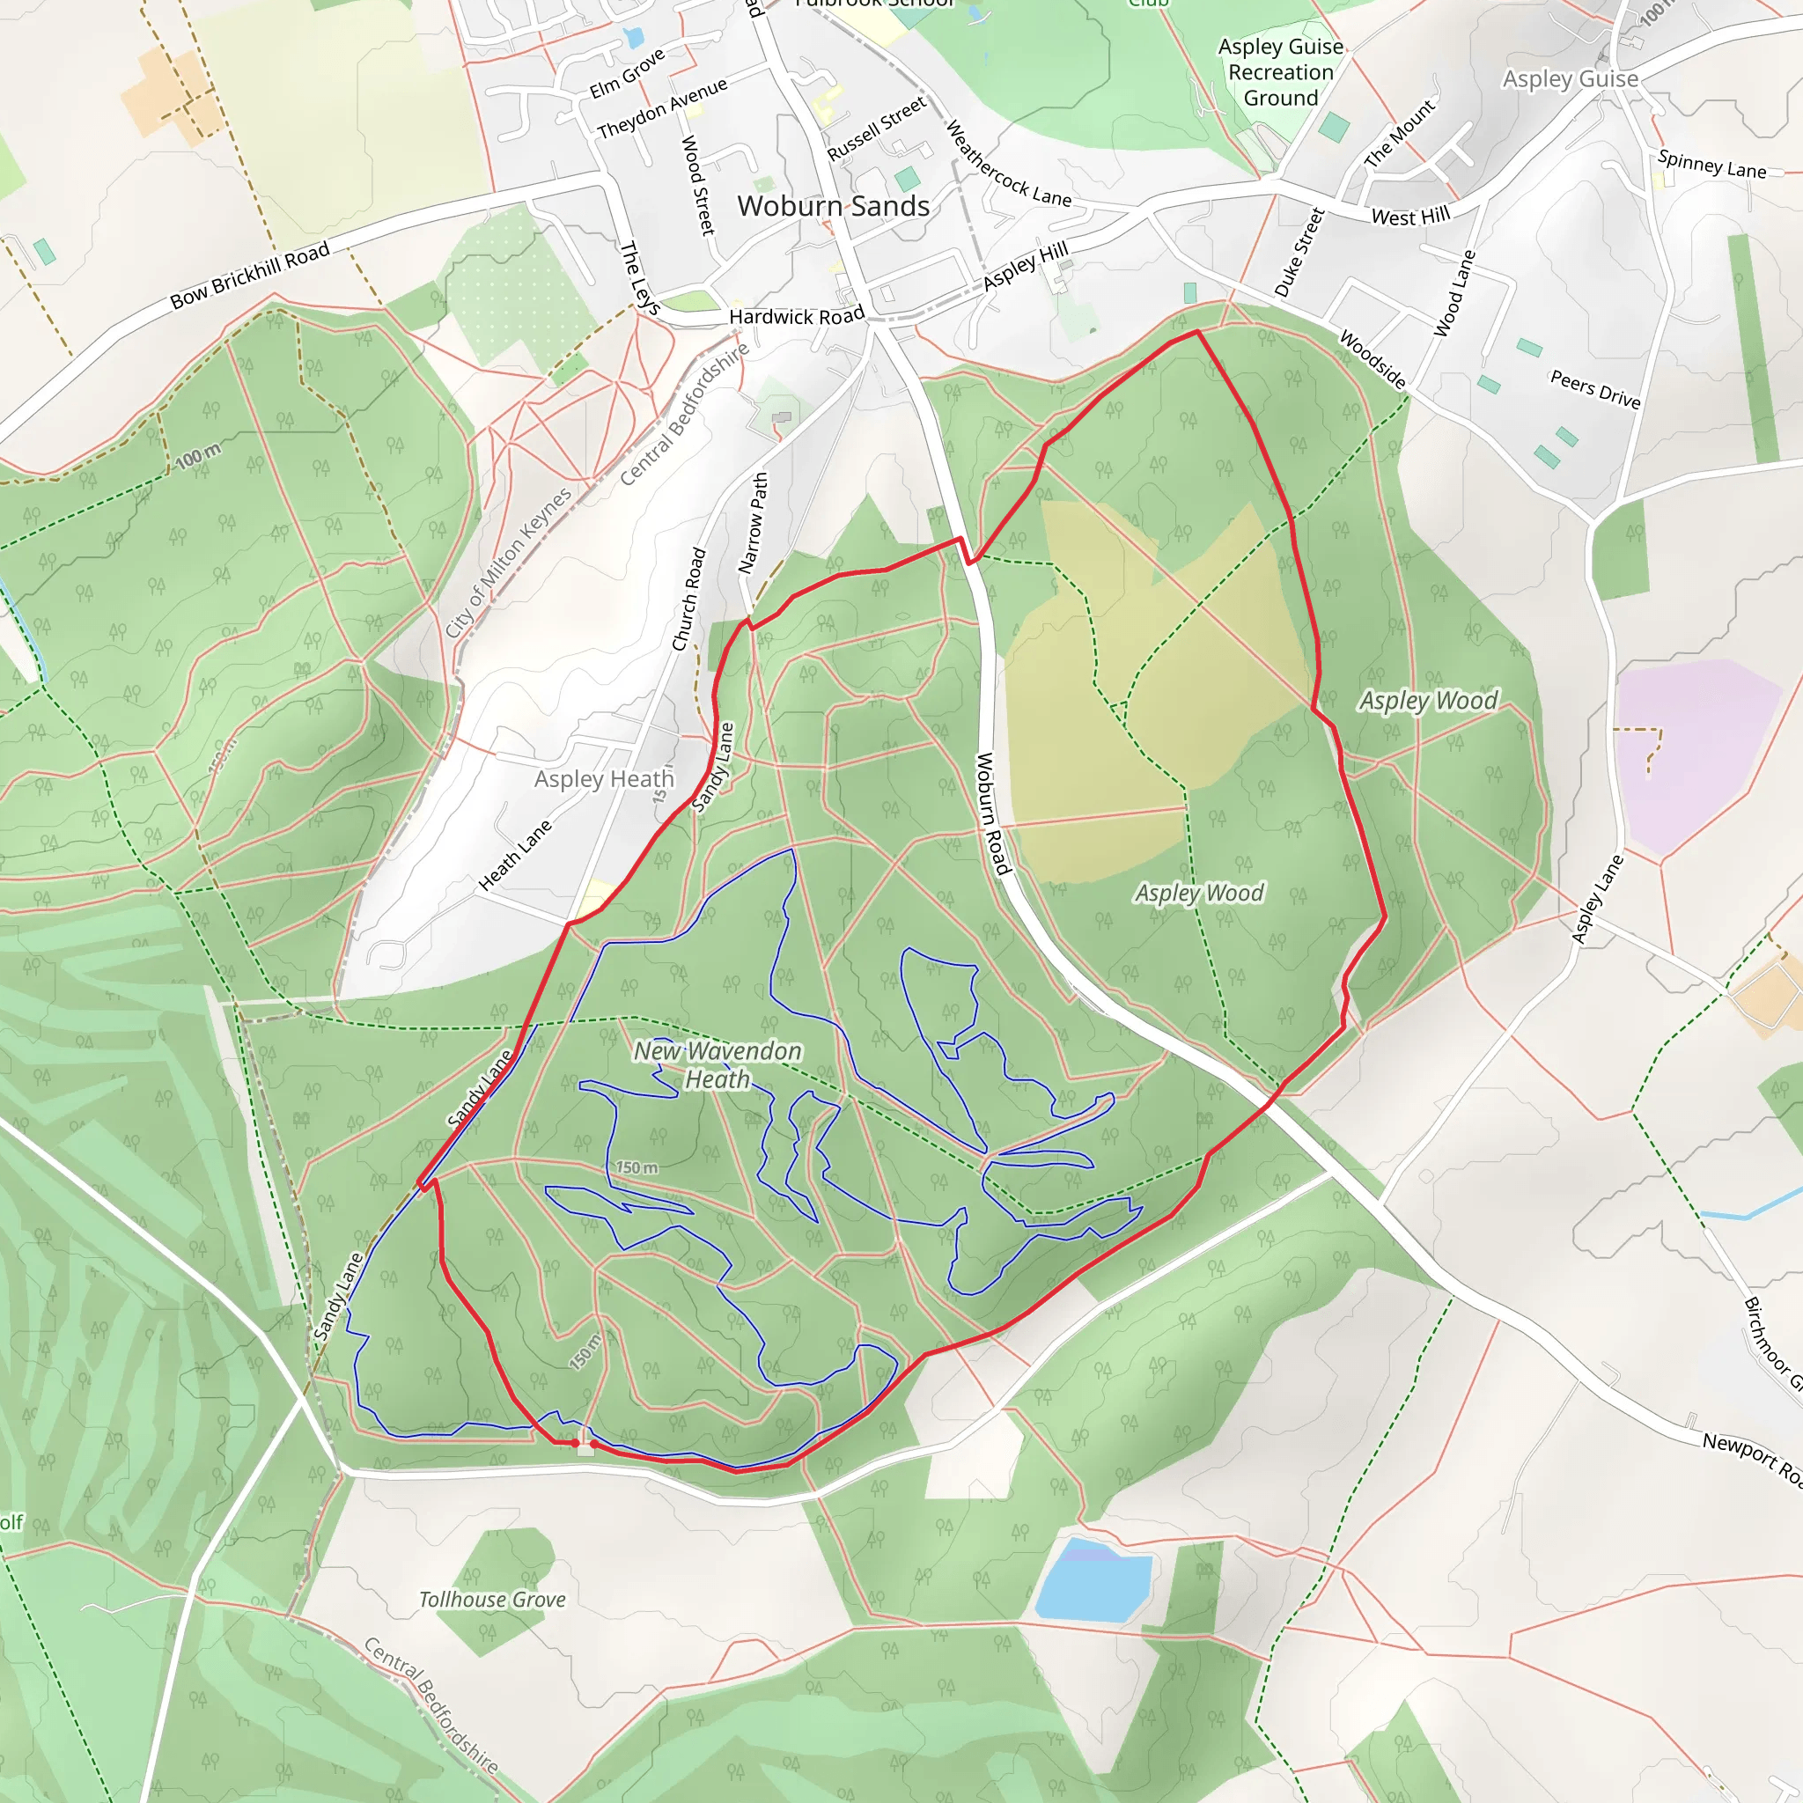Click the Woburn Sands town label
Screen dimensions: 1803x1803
point(833,206)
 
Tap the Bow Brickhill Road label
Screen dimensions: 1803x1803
point(250,276)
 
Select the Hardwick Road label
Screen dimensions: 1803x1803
point(796,317)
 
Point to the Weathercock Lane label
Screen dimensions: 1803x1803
point(1008,165)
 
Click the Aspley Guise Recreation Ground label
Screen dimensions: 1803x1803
point(1280,73)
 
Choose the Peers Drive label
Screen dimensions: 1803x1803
point(1595,389)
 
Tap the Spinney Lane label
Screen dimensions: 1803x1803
point(1711,166)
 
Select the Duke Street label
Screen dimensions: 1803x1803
point(1299,253)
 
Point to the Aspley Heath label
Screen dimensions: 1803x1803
point(604,779)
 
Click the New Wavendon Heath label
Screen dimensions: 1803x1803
point(718,1065)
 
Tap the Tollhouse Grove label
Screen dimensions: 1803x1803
point(492,1600)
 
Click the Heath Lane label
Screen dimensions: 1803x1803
point(515,855)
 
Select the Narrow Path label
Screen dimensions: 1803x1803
point(752,523)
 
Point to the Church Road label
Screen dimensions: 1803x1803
point(688,600)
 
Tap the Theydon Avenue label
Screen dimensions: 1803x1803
point(662,109)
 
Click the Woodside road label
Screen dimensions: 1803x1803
point(1372,359)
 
